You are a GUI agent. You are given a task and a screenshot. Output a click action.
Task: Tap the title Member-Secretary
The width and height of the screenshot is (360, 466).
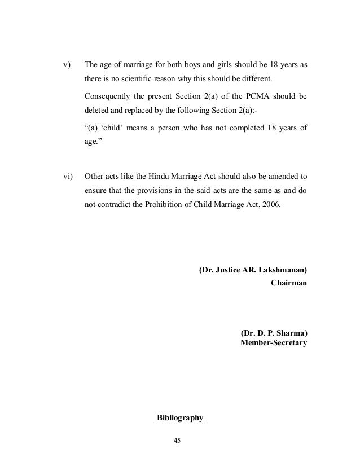point(274,342)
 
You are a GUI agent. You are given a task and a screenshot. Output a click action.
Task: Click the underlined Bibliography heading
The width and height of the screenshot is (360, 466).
point(179,418)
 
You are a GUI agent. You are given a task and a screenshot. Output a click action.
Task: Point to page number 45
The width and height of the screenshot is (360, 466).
point(180,441)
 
